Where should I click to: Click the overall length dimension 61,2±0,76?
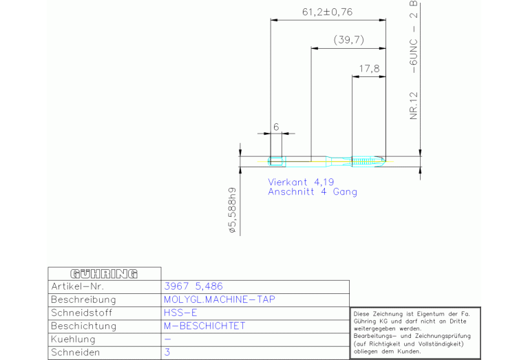click(328, 12)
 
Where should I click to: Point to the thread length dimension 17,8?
click(370, 69)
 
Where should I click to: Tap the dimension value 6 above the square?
click(275, 127)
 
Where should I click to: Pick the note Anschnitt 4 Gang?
click(313, 192)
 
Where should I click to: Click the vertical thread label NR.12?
click(414, 103)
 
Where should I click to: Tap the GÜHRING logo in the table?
click(104, 273)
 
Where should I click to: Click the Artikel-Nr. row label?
click(77, 286)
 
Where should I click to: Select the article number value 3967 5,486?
click(193, 286)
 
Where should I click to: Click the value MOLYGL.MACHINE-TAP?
click(219, 299)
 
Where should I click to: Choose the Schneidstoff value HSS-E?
click(180, 313)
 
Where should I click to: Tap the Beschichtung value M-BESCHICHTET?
click(204, 326)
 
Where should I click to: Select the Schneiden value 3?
click(167, 352)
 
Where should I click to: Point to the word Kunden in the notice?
click(405, 352)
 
